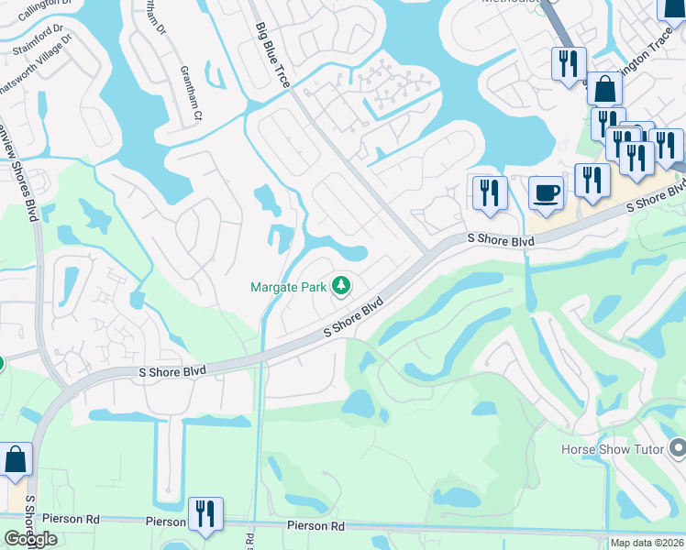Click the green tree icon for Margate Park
click(341, 286)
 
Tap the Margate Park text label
click(289, 287)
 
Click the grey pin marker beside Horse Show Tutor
click(678, 448)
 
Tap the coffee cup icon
click(547, 193)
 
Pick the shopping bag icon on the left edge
click(16, 460)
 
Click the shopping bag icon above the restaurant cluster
click(604, 89)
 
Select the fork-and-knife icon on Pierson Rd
click(204, 514)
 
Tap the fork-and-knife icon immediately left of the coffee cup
click(490, 193)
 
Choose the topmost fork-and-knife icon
click(569, 63)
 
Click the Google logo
click(30, 539)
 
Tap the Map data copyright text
click(647, 543)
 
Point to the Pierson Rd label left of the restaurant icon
click(166, 521)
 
